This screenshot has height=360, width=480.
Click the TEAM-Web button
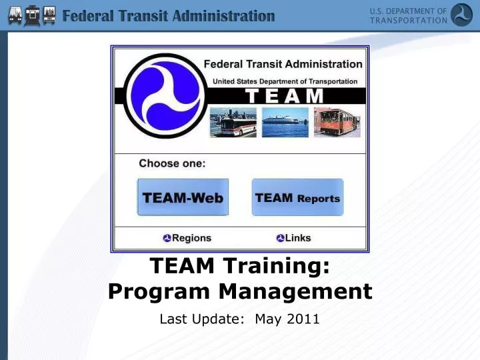[183, 197]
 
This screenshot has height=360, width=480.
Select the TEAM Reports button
[297, 197]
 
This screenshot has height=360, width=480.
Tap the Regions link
[187, 238]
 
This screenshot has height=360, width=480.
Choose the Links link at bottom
[294, 238]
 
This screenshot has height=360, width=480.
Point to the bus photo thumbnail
[233, 123]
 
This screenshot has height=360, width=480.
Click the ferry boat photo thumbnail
[285, 123]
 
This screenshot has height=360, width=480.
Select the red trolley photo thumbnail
[337, 123]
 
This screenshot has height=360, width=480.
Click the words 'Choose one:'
[172, 163]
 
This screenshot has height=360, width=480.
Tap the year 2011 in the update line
[303, 319]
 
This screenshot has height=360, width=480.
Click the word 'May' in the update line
[268, 319]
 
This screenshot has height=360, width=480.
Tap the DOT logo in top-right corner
[461, 15]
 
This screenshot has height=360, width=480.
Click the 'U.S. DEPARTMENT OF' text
[408, 11]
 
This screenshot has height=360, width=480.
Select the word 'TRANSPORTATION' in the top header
[408, 20]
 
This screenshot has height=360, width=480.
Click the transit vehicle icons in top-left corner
[29, 15]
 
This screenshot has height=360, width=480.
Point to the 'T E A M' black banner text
[285, 96]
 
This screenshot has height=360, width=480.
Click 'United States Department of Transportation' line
[285, 81]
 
